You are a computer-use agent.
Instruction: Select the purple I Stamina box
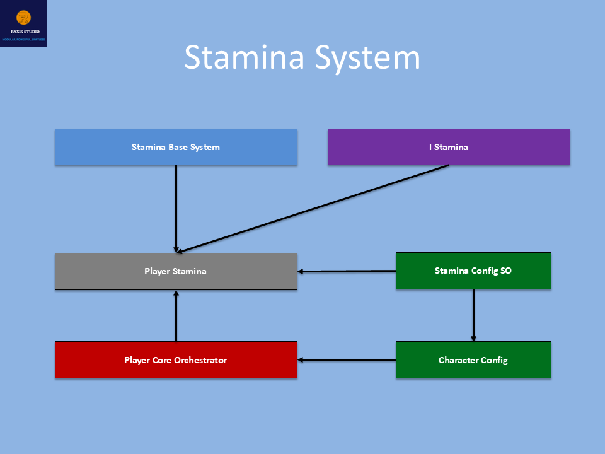click(x=449, y=147)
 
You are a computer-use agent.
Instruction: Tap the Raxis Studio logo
click(x=24, y=23)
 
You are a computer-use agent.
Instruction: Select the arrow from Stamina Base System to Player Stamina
click(x=176, y=208)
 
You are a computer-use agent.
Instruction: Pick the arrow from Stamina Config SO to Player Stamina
click(x=347, y=271)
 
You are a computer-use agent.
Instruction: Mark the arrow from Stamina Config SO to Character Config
click(x=473, y=315)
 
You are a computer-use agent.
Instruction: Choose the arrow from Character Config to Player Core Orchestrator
click(x=347, y=360)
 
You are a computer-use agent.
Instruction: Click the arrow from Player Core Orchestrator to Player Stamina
click(x=176, y=316)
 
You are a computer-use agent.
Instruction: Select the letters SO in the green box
click(x=505, y=271)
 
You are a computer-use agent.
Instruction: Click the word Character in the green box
click(x=458, y=360)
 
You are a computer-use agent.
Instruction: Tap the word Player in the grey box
click(x=157, y=272)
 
